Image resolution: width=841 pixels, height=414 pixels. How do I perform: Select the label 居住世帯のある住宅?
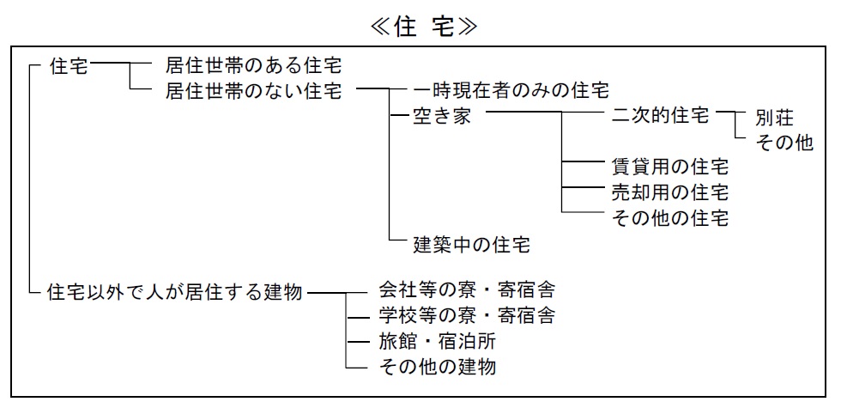pos(253,66)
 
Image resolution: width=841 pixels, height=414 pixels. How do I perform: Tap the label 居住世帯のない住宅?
pos(253,91)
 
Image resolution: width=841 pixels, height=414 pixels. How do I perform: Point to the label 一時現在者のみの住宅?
pos(511,89)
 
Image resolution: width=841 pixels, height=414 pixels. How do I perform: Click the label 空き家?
pos(441,115)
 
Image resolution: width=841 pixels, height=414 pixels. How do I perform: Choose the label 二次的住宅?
pos(660,115)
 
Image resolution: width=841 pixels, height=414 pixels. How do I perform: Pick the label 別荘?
pos(774,118)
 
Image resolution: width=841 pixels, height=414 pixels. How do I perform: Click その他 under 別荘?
pos(784,143)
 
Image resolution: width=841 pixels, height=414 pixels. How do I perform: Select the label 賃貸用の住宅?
pos(670,167)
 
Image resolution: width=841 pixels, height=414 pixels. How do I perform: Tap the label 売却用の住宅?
pos(670,192)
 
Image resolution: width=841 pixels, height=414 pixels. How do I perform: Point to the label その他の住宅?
pos(670,218)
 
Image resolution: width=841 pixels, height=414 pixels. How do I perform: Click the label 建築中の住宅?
pos(471,244)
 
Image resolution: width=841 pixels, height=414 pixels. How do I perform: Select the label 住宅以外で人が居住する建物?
pos(175,292)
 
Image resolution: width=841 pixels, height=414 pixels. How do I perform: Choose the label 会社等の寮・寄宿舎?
pos(467,289)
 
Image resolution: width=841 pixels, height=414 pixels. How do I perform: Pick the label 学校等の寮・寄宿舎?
pos(467,315)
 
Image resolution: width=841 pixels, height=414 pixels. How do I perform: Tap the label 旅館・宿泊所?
pos(437,341)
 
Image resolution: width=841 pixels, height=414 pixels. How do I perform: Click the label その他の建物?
pos(437,367)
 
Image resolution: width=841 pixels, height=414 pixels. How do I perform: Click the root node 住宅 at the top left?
pos(69,67)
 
